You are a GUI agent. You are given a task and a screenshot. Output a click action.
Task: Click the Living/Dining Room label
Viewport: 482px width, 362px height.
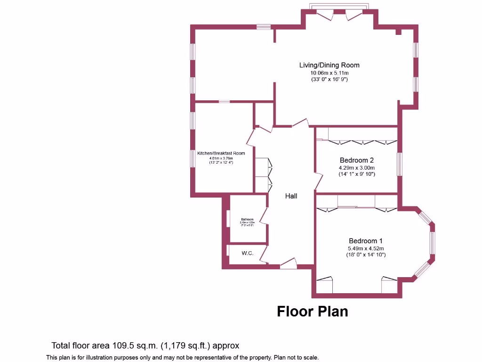[x=329, y=65]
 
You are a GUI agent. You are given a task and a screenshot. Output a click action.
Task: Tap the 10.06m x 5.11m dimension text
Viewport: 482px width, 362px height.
[x=329, y=73]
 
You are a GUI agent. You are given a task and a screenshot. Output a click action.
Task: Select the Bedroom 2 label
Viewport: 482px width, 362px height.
[x=357, y=160]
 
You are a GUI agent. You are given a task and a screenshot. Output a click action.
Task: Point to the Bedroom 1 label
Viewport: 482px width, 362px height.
[x=366, y=240]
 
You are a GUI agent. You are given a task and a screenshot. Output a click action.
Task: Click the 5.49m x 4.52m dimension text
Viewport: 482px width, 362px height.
[x=366, y=248]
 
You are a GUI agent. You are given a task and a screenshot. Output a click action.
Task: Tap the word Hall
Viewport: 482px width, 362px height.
[x=291, y=196]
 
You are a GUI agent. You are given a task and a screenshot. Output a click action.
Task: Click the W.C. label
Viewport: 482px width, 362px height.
[x=248, y=254]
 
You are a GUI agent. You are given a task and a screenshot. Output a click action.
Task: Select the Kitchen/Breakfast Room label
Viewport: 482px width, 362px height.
[x=221, y=153]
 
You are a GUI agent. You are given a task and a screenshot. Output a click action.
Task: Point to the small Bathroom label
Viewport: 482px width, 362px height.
[x=248, y=220]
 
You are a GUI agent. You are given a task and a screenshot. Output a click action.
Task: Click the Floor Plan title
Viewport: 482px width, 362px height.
[x=312, y=312]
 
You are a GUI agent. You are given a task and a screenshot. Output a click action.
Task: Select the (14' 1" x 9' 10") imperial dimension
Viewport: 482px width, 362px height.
[x=357, y=174]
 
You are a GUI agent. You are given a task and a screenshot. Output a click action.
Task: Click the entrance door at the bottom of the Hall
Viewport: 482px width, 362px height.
[x=289, y=263]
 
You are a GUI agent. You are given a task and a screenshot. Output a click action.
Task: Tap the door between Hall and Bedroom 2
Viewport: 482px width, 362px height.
[x=318, y=181]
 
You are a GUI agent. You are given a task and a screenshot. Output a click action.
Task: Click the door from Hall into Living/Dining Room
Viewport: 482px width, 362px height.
[x=300, y=123]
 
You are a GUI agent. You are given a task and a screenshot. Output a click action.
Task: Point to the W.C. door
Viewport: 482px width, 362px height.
[x=264, y=254]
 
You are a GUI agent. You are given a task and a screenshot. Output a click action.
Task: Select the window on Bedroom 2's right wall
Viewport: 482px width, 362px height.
[x=399, y=164]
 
